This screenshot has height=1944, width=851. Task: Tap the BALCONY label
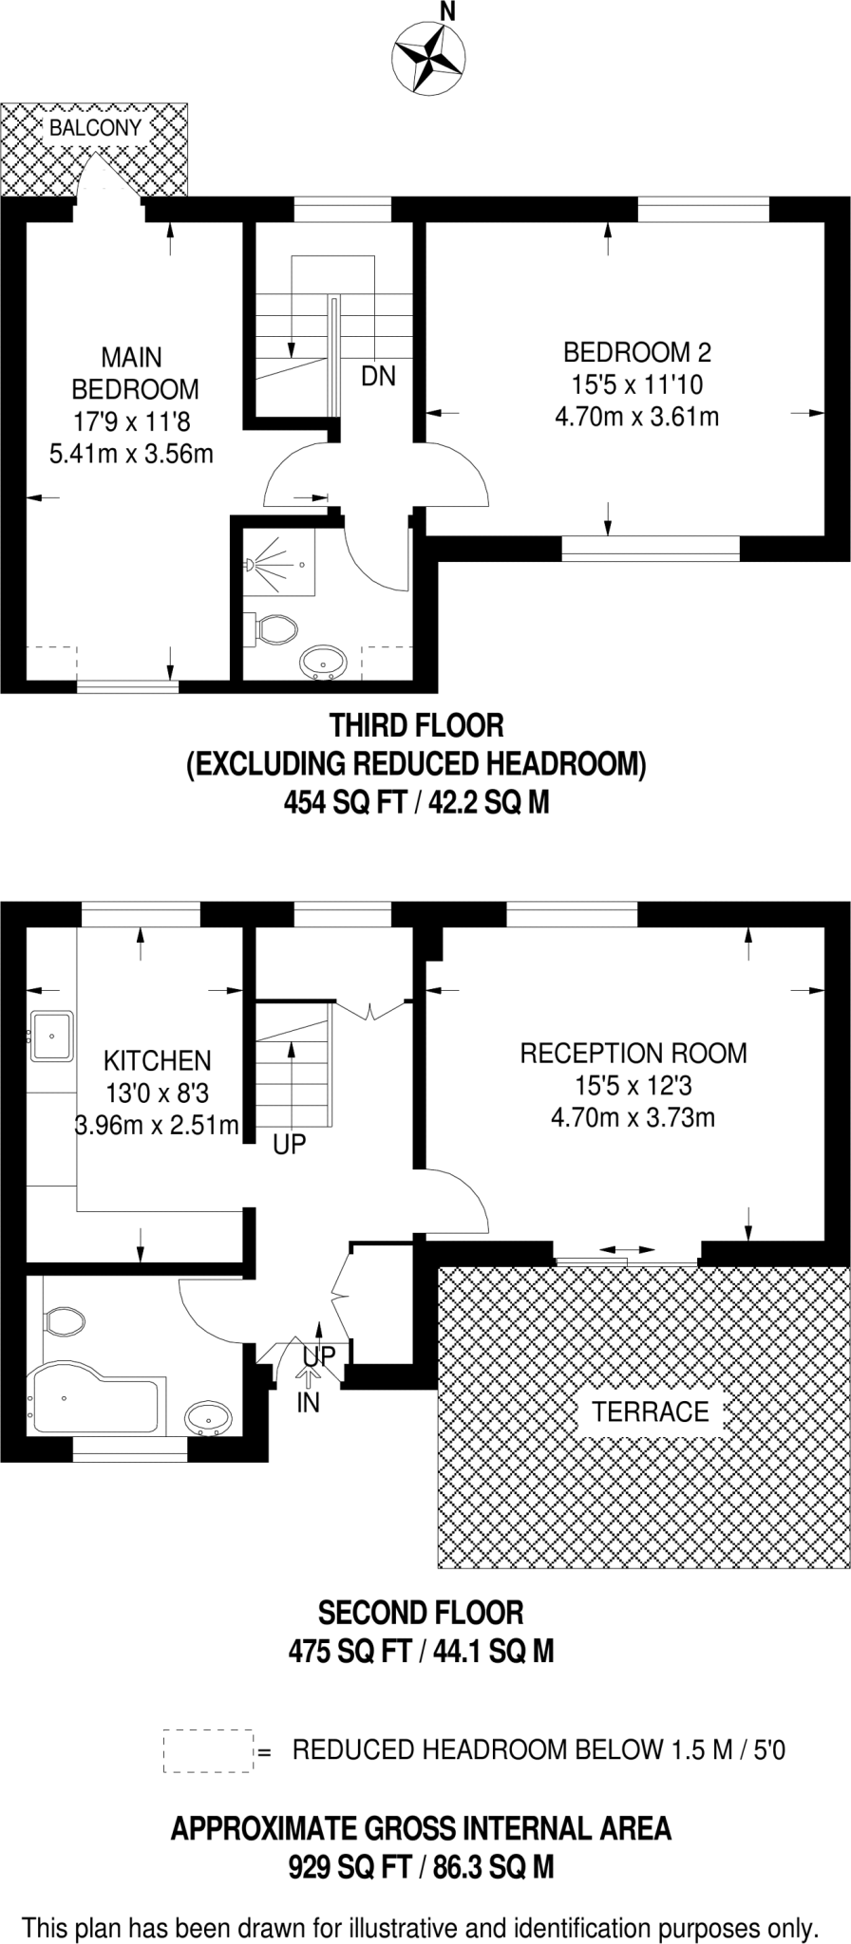pyautogui.click(x=95, y=128)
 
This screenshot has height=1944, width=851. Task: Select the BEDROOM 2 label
pyautogui.click(x=636, y=352)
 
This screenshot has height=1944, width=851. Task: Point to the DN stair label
pyautogui.click(x=378, y=376)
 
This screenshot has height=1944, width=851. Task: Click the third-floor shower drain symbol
pyautogui.click(x=301, y=565)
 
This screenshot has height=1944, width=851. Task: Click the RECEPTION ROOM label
pyautogui.click(x=633, y=1053)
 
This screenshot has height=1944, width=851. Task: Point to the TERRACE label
pyautogui.click(x=650, y=1411)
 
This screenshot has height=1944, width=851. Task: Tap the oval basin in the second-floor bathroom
pyautogui.click(x=207, y=1419)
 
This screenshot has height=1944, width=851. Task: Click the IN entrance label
pyautogui.click(x=309, y=1402)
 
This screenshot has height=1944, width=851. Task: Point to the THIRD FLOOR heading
pyautogui.click(x=416, y=726)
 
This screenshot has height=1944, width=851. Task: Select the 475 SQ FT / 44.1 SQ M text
pyautogui.click(x=421, y=1652)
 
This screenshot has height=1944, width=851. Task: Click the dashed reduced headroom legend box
pyautogui.click(x=208, y=1749)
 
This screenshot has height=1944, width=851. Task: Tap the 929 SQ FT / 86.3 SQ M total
pyautogui.click(x=421, y=1868)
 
